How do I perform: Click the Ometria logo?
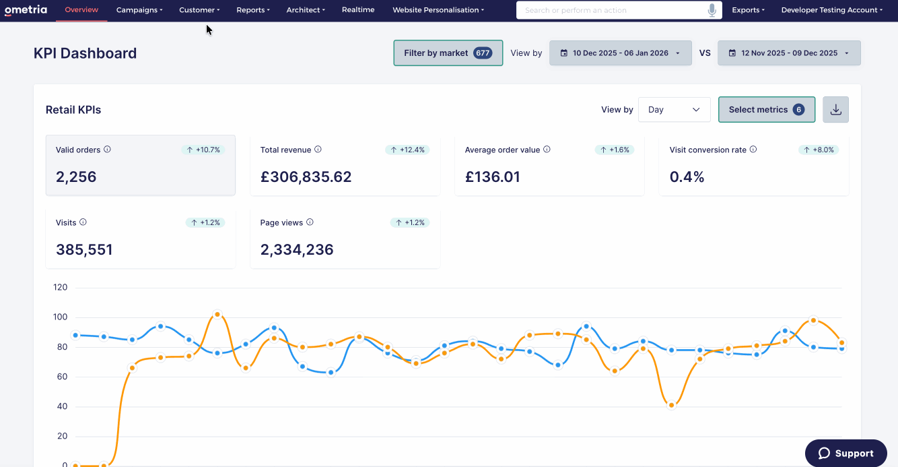coord(26,9)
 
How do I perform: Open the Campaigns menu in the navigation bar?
coord(139,10)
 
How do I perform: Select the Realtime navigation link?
coord(358,9)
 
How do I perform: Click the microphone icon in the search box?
coord(712,10)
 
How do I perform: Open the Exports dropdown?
coord(748,10)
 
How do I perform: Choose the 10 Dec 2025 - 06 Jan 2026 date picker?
coord(620,53)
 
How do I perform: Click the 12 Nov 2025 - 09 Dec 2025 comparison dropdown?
coord(789,53)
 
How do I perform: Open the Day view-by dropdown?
coord(675,110)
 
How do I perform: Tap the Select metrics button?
coord(767,110)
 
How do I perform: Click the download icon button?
coord(835,110)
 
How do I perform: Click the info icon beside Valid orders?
coord(107,149)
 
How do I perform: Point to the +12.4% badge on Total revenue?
coord(407,150)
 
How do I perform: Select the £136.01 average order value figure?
coord(492,177)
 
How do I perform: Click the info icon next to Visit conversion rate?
coord(753,149)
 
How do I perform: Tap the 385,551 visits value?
coord(84,249)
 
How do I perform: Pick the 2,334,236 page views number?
coord(297,249)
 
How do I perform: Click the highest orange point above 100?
coord(217,314)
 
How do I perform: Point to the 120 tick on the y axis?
coord(60,287)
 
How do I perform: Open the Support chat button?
coord(846,454)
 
